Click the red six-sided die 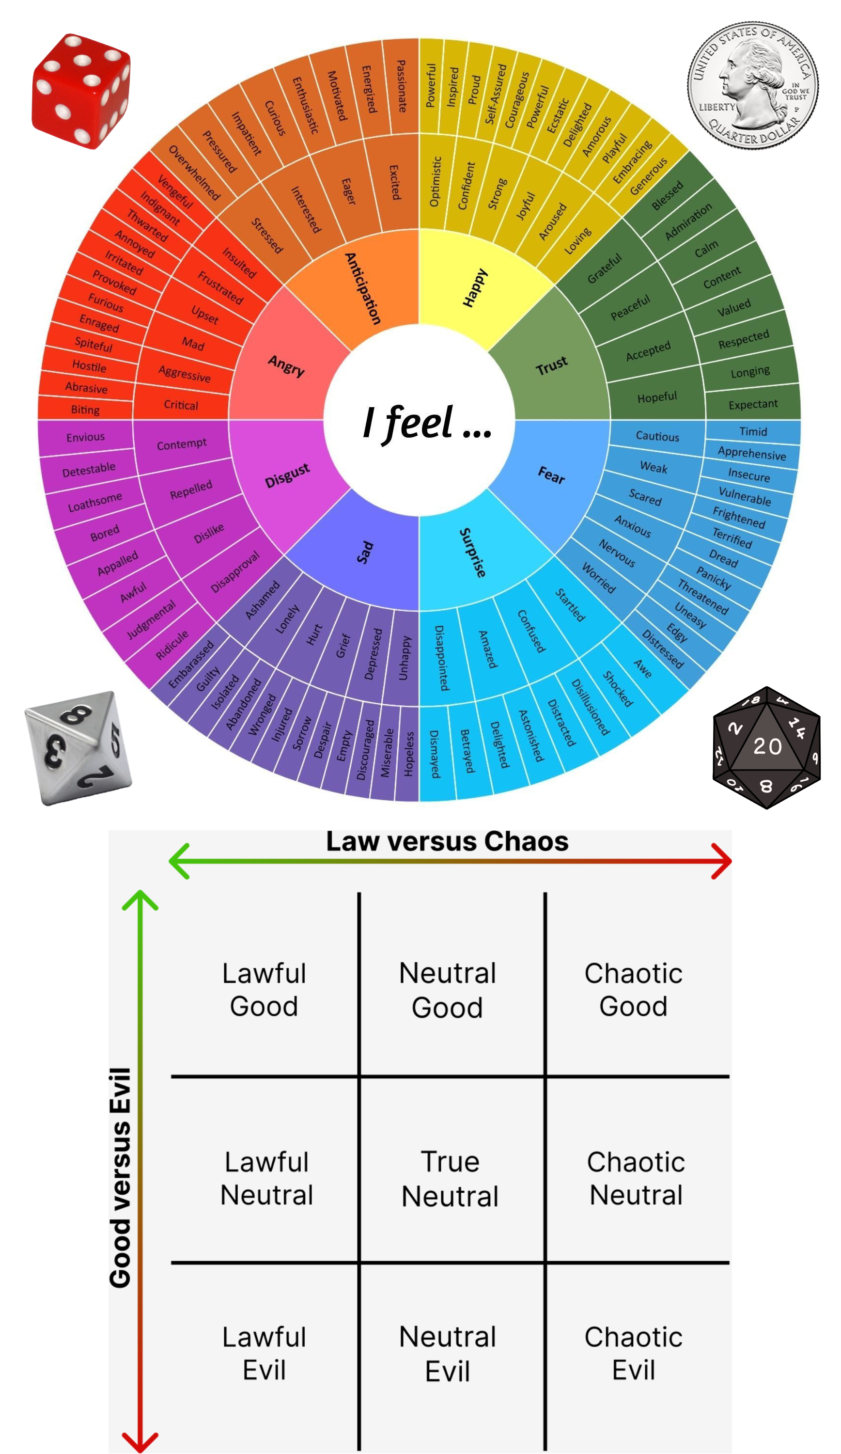(x=81, y=91)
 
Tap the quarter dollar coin (x=753, y=85)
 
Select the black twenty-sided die (x=766, y=747)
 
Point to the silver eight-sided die (x=78, y=748)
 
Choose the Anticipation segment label (x=363, y=288)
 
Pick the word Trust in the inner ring (x=551, y=365)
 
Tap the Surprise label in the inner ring (x=472, y=552)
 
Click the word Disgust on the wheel (x=287, y=475)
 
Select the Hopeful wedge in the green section (x=656, y=397)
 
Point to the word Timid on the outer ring (x=753, y=431)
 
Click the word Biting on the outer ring (x=85, y=410)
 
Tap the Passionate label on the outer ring (x=402, y=86)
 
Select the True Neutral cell (x=450, y=1178)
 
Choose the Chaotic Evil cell (x=633, y=1353)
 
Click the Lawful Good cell (x=264, y=990)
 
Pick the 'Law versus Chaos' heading (x=447, y=841)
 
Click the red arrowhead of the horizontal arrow (x=721, y=861)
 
